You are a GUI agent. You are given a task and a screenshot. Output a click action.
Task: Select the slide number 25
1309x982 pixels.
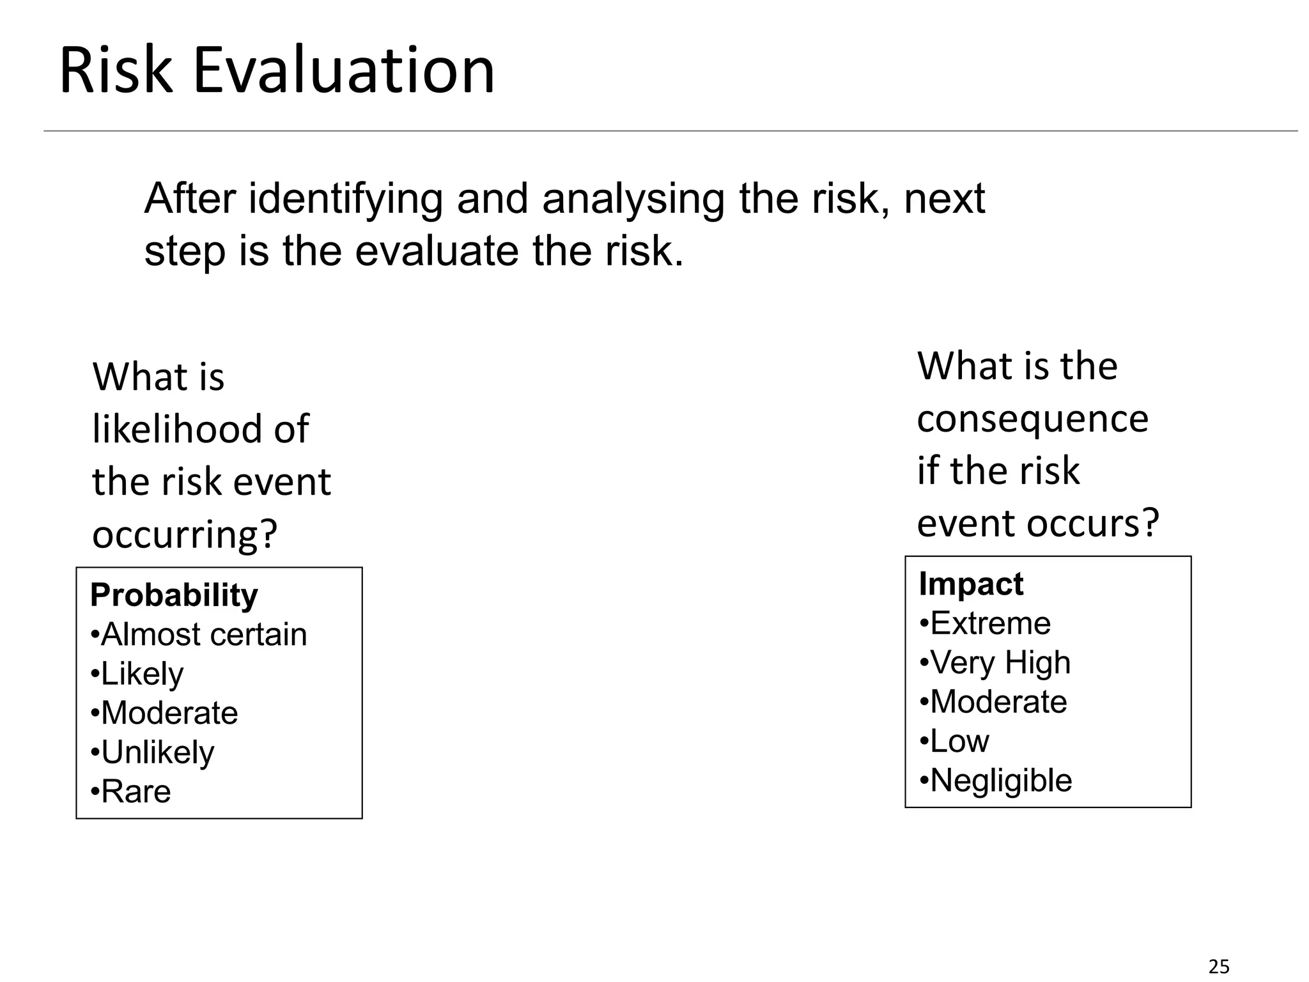pyautogui.click(x=1219, y=967)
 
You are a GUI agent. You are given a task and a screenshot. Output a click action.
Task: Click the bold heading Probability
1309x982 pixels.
pyautogui.click(x=174, y=595)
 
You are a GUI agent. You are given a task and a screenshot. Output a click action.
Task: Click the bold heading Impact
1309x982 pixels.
pyautogui.click(x=970, y=584)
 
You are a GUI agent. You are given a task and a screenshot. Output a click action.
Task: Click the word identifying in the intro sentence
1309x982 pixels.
pyautogui.click(x=345, y=199)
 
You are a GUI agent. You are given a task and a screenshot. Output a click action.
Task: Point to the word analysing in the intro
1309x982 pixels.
pyautogui.click(x=633, y=199)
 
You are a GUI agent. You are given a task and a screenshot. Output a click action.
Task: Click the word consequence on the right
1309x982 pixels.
pyautogui.click(x=1032, y=419)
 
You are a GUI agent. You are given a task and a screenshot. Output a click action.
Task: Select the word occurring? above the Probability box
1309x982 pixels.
pyautogui.click(x=185, y=534)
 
